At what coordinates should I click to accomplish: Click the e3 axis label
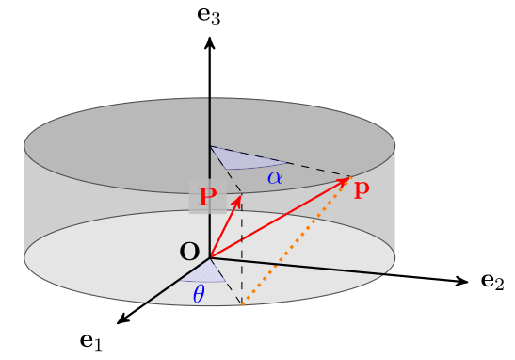(x=209, y=15)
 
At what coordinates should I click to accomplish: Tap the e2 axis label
(x=492, y=282)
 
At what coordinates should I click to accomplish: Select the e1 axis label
(x=91, y=342)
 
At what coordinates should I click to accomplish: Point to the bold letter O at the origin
(x=190, y=252)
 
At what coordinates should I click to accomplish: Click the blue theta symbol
(x=199, y=294)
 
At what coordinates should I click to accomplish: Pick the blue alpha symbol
(x=275, y=178)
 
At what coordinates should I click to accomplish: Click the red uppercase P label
(x=208, y=197)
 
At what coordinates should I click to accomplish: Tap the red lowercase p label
(x=362, y=189)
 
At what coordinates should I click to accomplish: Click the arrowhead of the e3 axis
(x=210, y=42)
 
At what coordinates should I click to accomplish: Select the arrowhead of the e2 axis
(x=462, y=281)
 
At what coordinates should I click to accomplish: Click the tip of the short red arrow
(x=241, y=195)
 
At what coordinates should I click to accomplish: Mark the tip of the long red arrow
(x=349, y=177)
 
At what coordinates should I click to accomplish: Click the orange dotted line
(x=297, y=241)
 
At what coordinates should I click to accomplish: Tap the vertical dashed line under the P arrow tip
(x=242, y=250)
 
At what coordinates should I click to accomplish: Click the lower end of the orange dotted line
(x=242, y=304)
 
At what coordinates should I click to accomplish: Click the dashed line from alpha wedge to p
(x=318, y=170)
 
